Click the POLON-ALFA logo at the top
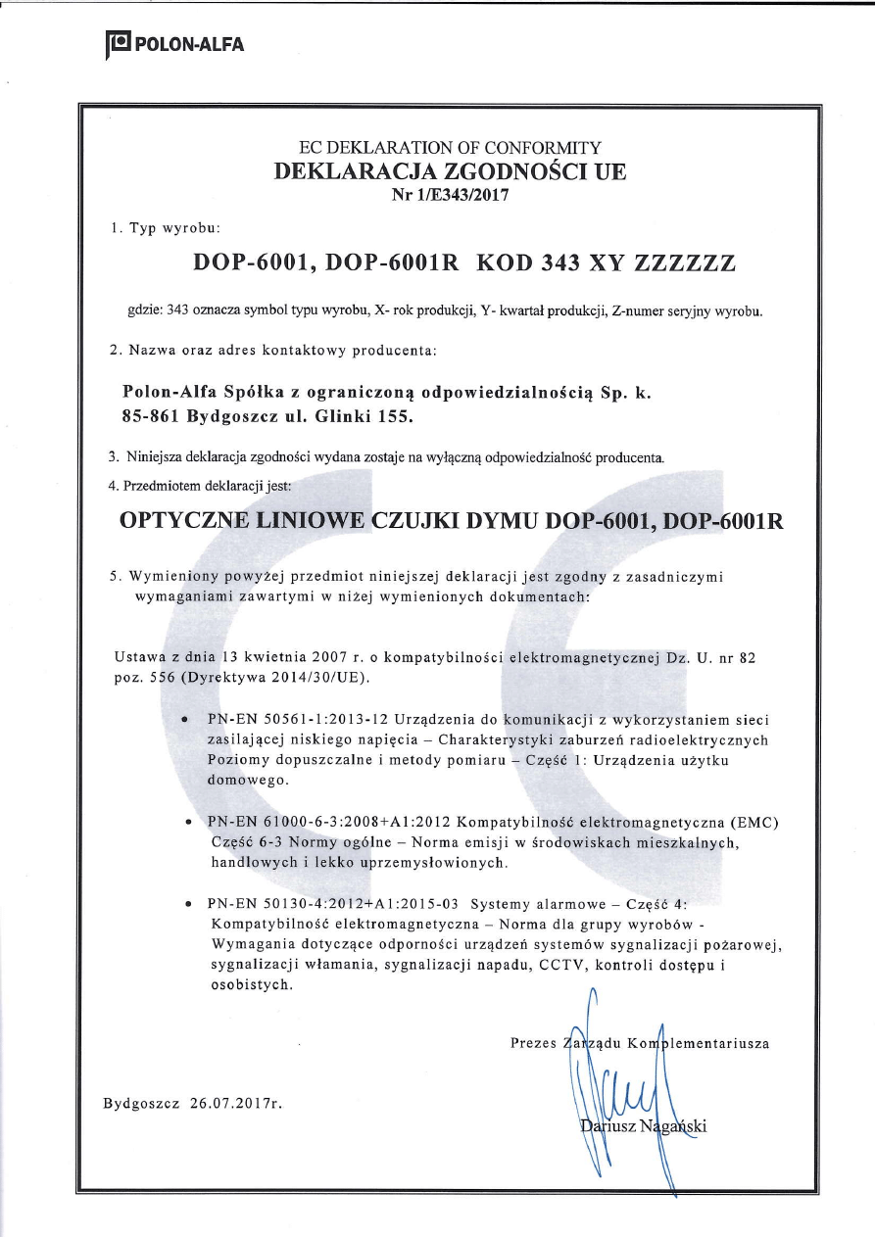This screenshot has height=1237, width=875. pyautogui.click(x=175, y=44)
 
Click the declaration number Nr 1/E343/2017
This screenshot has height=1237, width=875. pyautogui.click(x=450, y=194)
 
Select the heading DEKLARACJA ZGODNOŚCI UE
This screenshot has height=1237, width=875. pyautogui.click(x=450, y=171)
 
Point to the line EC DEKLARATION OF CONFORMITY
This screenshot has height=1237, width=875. pyautogui.click(x=450, y=149)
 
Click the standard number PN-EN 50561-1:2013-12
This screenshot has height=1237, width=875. pyautogui.click(x=299, y=719)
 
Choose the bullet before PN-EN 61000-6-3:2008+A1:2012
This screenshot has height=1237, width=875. pyautogui.click(x=186, y=822)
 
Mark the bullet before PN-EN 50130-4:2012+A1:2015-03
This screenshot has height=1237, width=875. pyautogui.click(x=186, y=903)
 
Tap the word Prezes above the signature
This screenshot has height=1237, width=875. pyautogui.click(x=534, y=1043)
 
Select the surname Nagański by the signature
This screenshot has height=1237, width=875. pyautogui.click(x=673, y=1125)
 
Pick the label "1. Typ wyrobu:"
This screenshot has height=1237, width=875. pyautogui.click(x=166, y=228)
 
